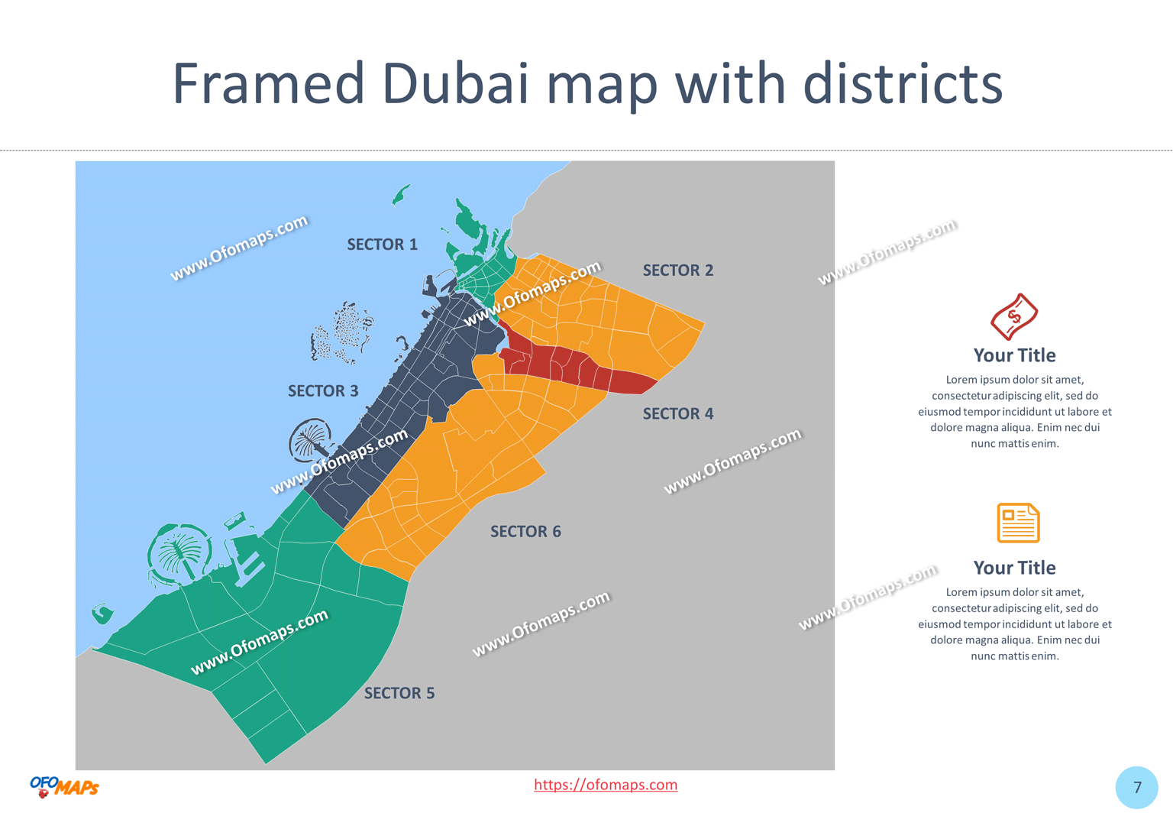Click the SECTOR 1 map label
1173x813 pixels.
[382, 245]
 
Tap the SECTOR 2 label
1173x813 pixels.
[677, 270]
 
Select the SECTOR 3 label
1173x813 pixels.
[322, 391]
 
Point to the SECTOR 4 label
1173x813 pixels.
[677, 414]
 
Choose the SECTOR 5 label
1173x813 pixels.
[399, 693]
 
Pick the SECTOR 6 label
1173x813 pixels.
[525, 532]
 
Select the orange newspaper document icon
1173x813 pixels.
[1017, 523]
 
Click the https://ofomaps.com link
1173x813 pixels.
[605, 785]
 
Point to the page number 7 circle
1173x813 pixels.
[1136, 787]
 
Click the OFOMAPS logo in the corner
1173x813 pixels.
[64, 786]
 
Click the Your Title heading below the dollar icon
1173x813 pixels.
[1014, 355]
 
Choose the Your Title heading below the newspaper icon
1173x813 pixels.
[1014, 568]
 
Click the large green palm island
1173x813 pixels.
[180, 552]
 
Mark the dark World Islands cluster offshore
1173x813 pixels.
[344, 332]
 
